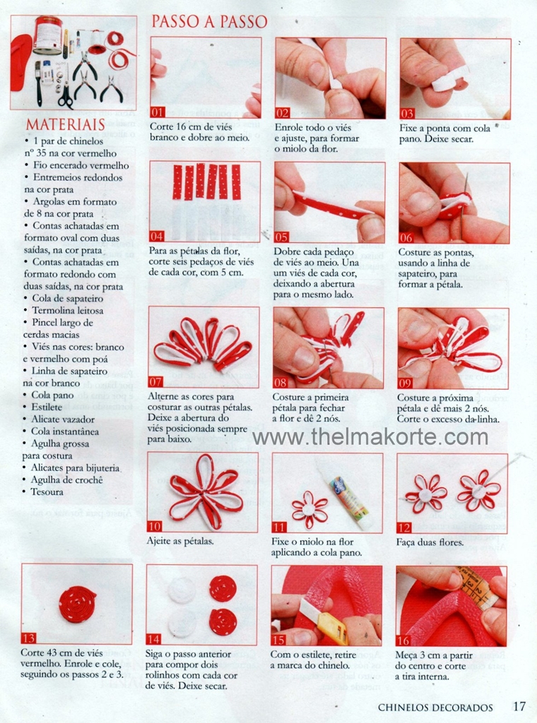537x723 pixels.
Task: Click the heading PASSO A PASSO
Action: coord(209,22)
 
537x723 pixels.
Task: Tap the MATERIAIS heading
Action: coord(66,124)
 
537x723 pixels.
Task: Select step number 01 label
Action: coord(158,112)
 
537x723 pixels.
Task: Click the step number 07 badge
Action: coord(155,382)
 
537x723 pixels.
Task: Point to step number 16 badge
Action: coord(403,640)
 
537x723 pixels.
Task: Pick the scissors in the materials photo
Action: coord(66,94)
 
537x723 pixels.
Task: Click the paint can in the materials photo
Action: coord(47,35)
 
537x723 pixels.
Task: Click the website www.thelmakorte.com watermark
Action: coord(370,436)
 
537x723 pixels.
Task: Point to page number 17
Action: coord(519,706)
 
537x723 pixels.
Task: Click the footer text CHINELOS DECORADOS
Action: coord(435,707)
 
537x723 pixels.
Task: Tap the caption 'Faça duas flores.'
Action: coord(430,542)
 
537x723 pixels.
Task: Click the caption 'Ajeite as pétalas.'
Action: coord(180,541)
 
